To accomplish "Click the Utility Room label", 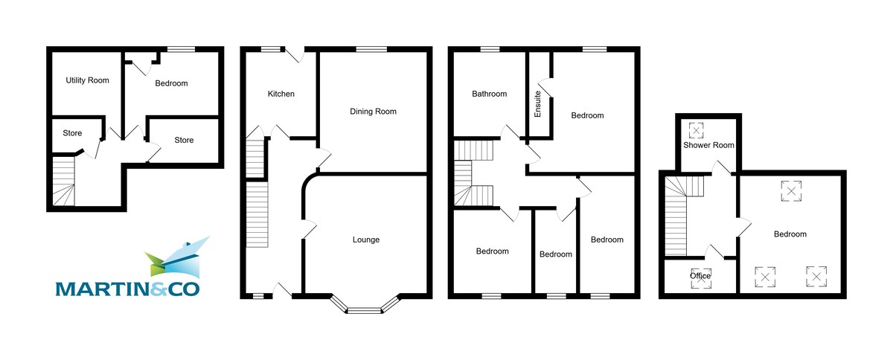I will (82, 80).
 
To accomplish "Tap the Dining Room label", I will (373, 112).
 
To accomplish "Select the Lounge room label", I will (365, 240).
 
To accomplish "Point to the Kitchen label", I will (281, 94).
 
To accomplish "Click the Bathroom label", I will (489, 94).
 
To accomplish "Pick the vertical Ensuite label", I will (537, 104).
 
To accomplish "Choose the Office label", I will (700, 276).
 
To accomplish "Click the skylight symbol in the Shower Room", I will (697, 131).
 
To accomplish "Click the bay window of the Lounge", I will (365, 306).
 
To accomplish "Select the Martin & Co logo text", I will (128, 287).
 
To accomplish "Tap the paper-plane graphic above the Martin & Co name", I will (176, 257).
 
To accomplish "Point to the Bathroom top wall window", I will (489, 50).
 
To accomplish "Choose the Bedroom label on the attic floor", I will (790, 234).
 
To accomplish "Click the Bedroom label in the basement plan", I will (171, 83).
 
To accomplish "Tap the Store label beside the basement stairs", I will (72, 134).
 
